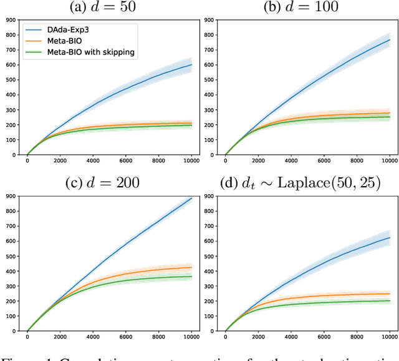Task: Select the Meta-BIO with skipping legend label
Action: (91, 52)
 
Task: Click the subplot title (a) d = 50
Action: (103, 7)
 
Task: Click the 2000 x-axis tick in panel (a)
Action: (60, 162)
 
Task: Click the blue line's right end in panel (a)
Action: (191, 64)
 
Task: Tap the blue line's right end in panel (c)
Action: (191, 199)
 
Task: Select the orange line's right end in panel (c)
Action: (191, 267)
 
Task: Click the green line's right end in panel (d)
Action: (390, 300)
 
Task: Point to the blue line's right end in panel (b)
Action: (390, 39)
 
